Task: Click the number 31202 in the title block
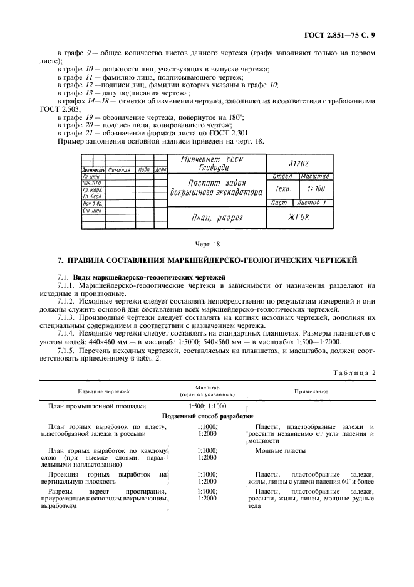(x=298, y=162)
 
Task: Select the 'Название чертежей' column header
(x=103, y=391)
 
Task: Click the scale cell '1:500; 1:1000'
(x=207, y=406)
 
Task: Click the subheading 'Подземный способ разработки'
(x=207, y=416)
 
